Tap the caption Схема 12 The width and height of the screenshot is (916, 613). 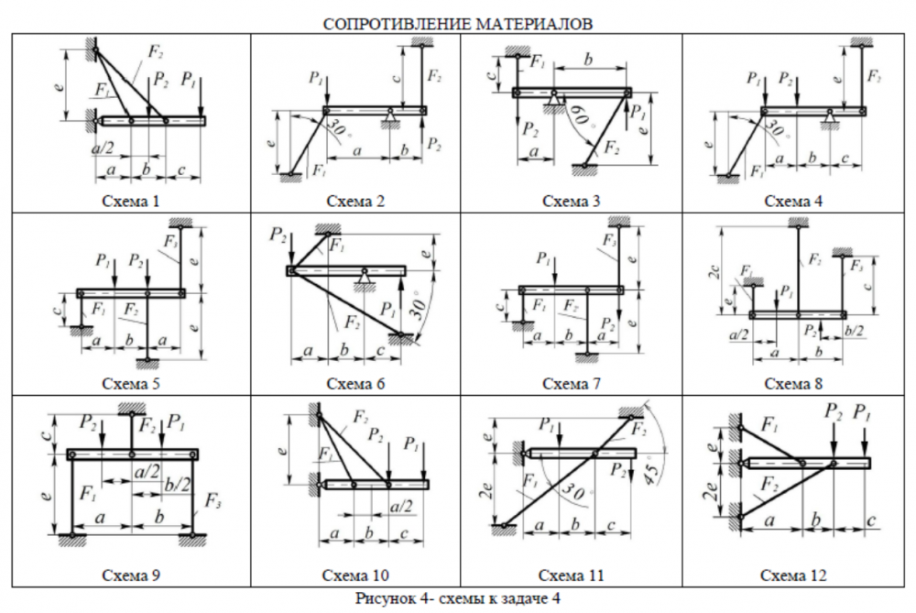click(x=793, y=575)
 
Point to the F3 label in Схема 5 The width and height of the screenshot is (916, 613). click(x=169, y=241)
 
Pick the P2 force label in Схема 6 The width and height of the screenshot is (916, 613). click(x=278, y=236)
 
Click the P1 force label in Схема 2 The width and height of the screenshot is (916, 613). click(x=318, y=81)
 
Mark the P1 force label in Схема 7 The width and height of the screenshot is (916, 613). click(x=545, y=257)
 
